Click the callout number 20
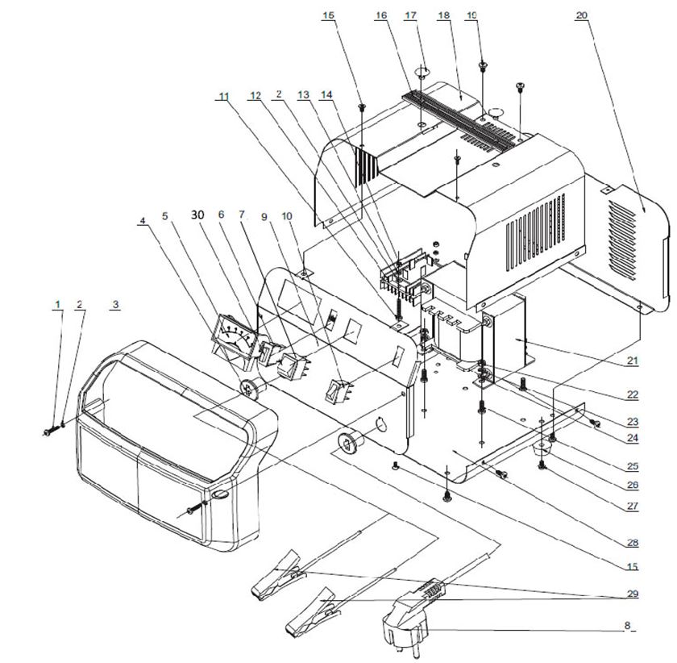[581, 15]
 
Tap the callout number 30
[197, 215]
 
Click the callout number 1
[57, 304]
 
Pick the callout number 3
[115, 304]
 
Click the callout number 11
[223, 96]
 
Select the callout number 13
[303, 95]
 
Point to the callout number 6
[220, 215]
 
